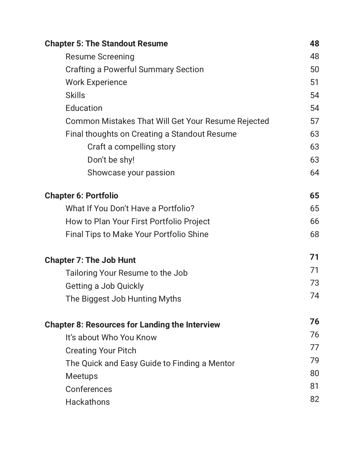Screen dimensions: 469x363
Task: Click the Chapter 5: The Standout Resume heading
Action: point(106,43)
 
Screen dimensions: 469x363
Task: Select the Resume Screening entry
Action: point(100,57)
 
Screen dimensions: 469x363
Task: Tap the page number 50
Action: point(314,69)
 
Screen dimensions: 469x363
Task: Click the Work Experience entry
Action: point(96,82)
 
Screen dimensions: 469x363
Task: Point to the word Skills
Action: point(75,95)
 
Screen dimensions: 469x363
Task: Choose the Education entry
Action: point(84,108)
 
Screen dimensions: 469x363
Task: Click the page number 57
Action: point(314,121)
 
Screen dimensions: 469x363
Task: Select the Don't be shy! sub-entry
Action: point(111,160)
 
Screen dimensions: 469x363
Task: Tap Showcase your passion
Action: point(131,173)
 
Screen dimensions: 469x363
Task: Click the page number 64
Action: point(314,173)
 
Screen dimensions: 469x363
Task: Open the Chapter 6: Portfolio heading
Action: point(81,196)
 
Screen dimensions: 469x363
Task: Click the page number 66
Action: point(314,221)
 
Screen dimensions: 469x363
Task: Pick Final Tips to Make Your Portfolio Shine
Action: point(137,234)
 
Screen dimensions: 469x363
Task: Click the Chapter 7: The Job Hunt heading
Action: point(90,260)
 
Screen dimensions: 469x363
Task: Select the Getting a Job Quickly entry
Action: point(104,286)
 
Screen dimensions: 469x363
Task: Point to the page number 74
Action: point(314,296)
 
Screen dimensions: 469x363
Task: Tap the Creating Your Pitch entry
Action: point(101,350)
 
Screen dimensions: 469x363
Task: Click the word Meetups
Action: point(82,376)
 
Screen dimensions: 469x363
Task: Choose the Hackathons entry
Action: point(88,402)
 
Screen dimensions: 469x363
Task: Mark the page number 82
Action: point(314,399)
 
